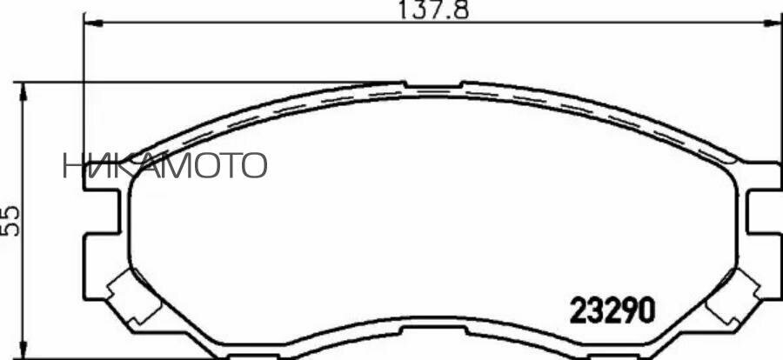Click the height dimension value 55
[11, 221]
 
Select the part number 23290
[612, 310]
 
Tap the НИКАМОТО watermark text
[164, 164]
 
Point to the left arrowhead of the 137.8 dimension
[90, 22]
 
